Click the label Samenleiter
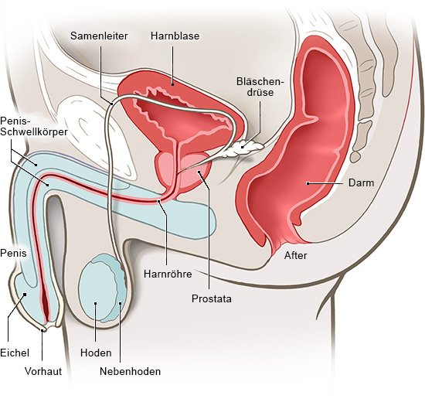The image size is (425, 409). [x=99, y=36]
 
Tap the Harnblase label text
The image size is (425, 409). [x=175, y=36]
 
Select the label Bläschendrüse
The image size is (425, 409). [x=260, y=87]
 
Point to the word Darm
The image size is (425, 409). [x=361, y=182]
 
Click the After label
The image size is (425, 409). [x=295, y=255]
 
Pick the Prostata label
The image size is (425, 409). [x=212, y=298]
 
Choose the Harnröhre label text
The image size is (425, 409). [x=168, y=274]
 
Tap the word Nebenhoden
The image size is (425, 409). [x=130, y=371]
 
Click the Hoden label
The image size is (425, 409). [x=96, y=353]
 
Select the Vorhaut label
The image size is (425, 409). [x=43, y=371]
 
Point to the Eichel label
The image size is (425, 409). [x=15, y=353]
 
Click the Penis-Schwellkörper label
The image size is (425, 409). [x=33, y=126]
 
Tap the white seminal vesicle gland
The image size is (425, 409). [x=245, y=148]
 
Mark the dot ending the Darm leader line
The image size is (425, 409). [x=308, y=183]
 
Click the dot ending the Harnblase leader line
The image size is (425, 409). [x=172, y=84]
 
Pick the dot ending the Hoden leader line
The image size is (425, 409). [x=95, y=303]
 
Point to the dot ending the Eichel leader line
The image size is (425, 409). [x=25, y=295]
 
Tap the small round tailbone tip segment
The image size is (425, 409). [x=355, y=156]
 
